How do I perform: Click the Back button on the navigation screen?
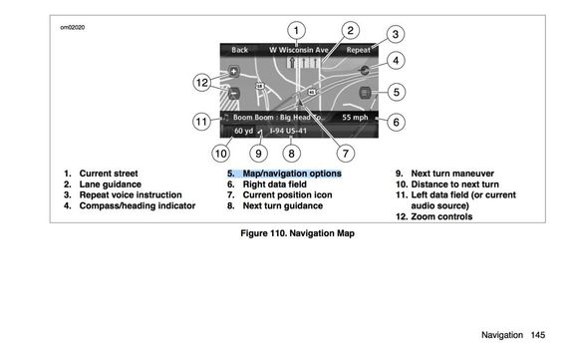tap(239, 50)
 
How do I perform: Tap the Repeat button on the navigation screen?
tap(359, 50)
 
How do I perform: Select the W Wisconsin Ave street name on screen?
tap(299, 50)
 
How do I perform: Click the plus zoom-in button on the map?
tap(234, 71)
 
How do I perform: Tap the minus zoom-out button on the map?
tap(234, 93)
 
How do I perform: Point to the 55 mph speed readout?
tap(355, 118)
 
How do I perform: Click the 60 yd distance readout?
tap(244, 131)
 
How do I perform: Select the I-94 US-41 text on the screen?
tap(288, 131)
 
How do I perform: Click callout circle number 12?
tap(202, 82)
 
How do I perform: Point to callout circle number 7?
tap(346, 153)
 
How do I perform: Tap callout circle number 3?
tap(396, 34)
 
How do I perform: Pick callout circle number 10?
tap(221, 153)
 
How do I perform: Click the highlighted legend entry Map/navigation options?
tap(284, 174)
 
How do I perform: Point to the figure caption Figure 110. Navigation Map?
tap(298, 233)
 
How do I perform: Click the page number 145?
tap(538, 335)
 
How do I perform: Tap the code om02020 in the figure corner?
tap(73, 27)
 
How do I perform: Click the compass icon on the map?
tap(365, 70)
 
